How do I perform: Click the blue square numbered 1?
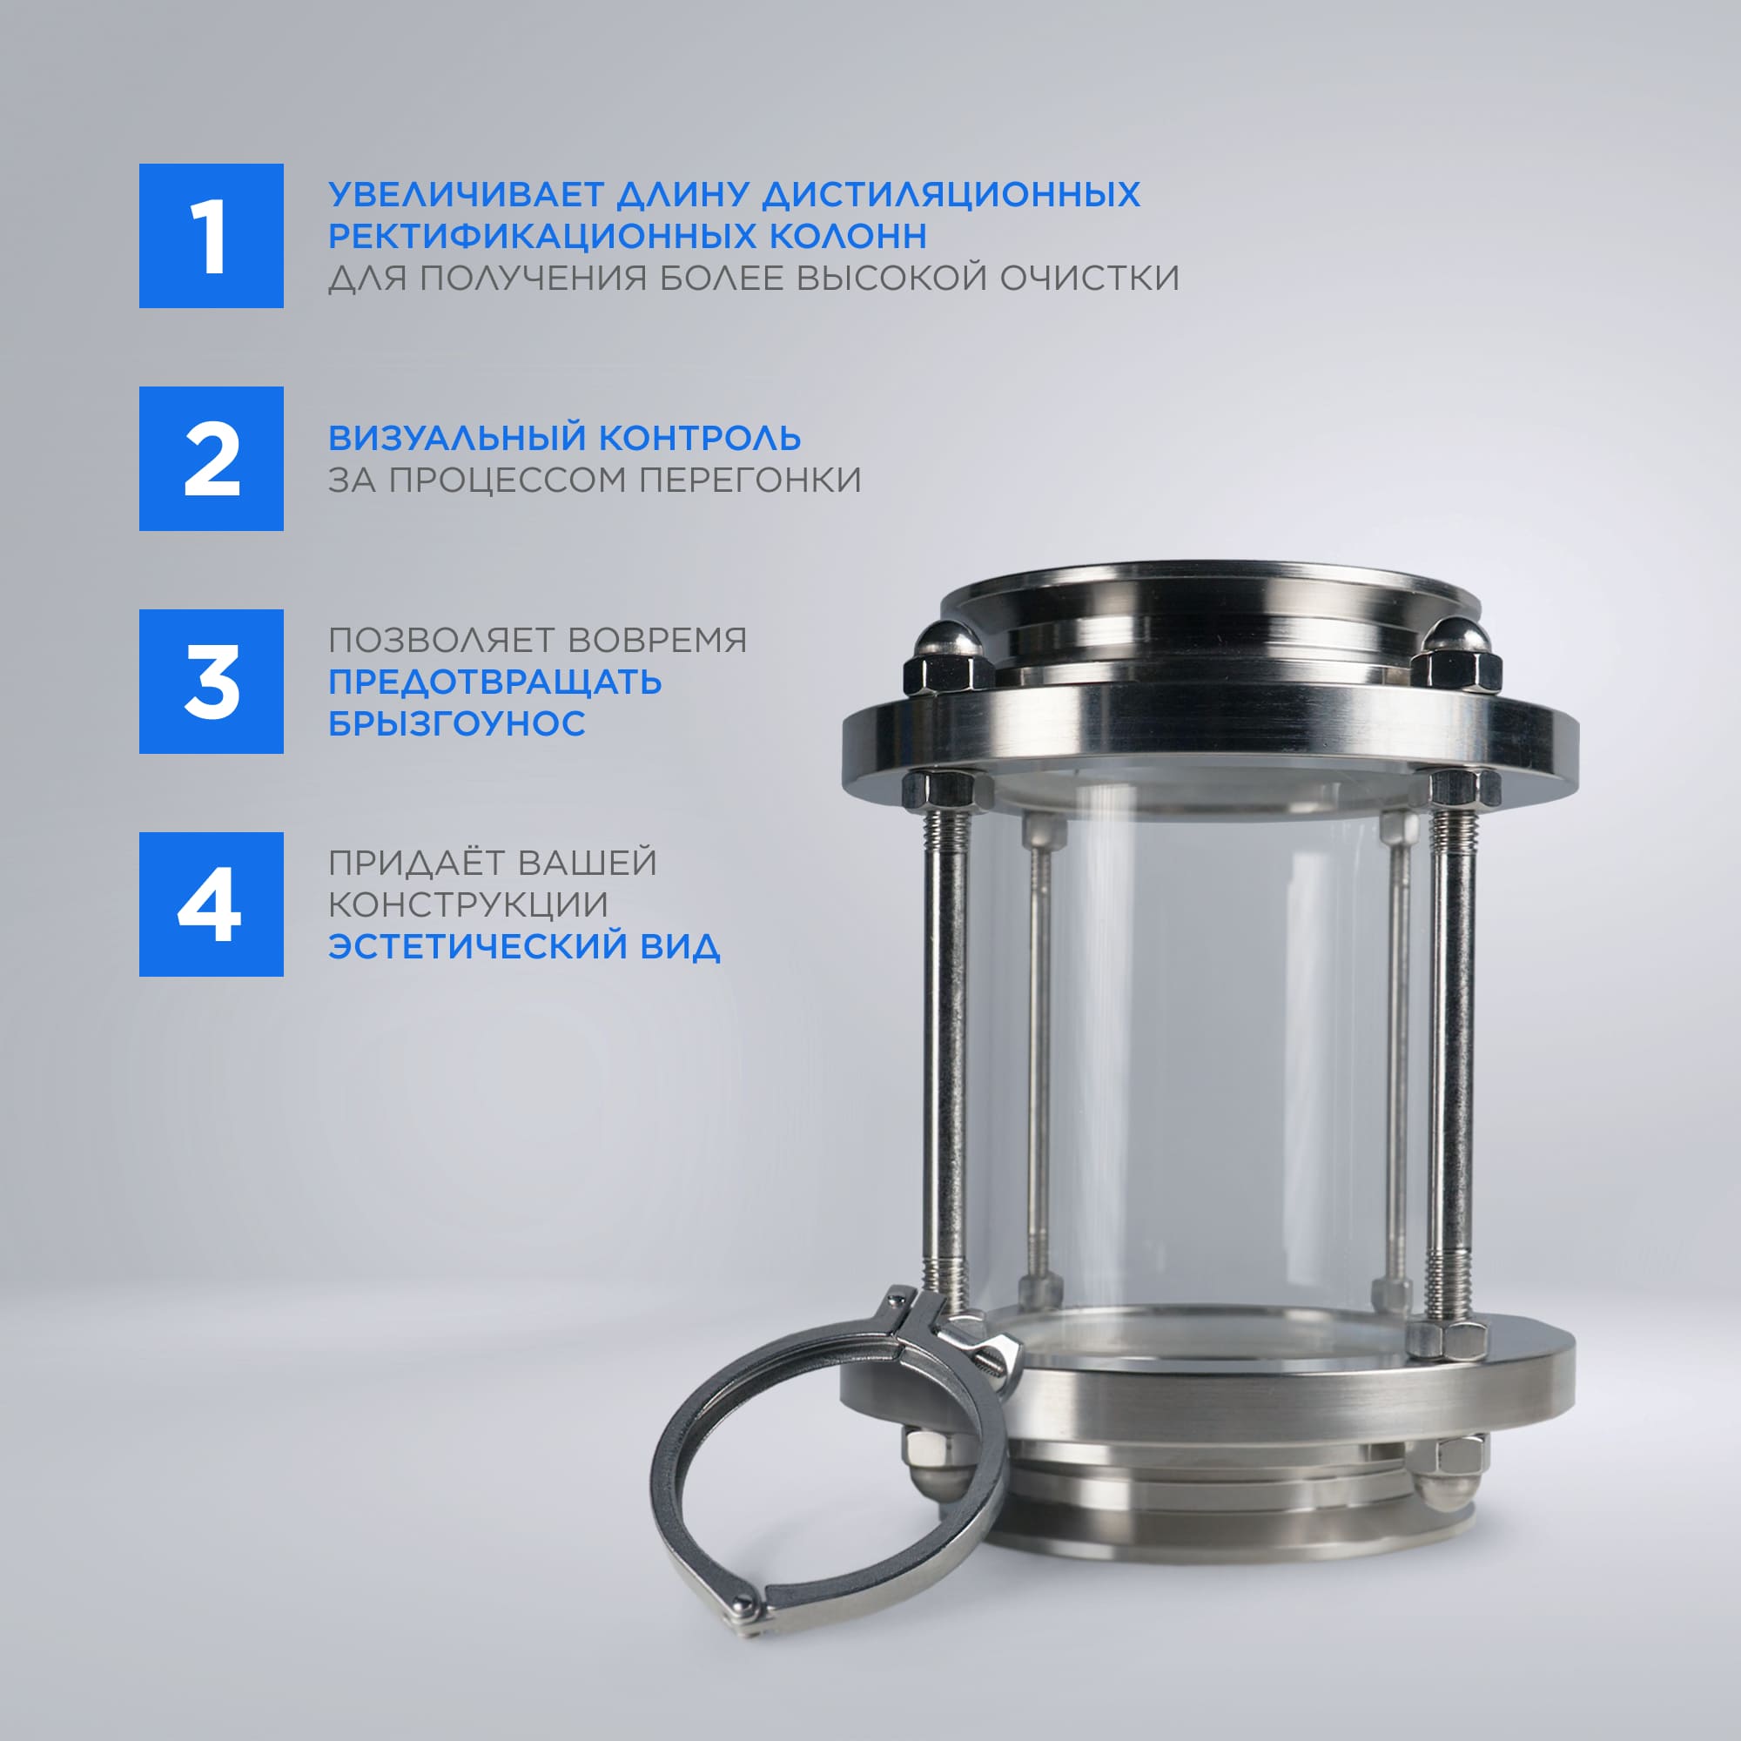click(211, 235)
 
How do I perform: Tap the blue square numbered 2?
click(211, 459)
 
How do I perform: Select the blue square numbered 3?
click(211, 682)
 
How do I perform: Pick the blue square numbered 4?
click(211, 904)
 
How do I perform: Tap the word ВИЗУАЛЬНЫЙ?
click(458, 438)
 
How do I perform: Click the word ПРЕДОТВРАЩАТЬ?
click(494, 682)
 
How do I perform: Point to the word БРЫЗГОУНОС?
click(457, 723)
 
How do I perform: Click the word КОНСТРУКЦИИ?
click(468, 904)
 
